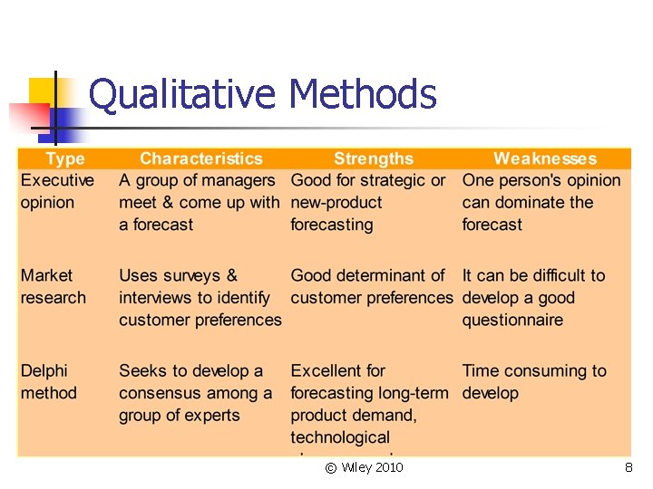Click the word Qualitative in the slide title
tap(183, 94)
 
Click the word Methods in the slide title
tap(362, 94)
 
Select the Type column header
tap(65, 159)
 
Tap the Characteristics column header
tap(200, 159)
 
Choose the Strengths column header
tap(373, 159)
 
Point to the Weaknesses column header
tap(545, 159)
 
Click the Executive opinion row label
tap(57, 191)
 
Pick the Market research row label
tap(54, 286)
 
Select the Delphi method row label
tap(49, 381)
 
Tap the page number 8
tap(629, 467)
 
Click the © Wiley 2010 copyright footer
tap(364, 467)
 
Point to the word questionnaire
tap(512, 320)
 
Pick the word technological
tap(340, 437)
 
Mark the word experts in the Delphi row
tap(211, 416)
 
